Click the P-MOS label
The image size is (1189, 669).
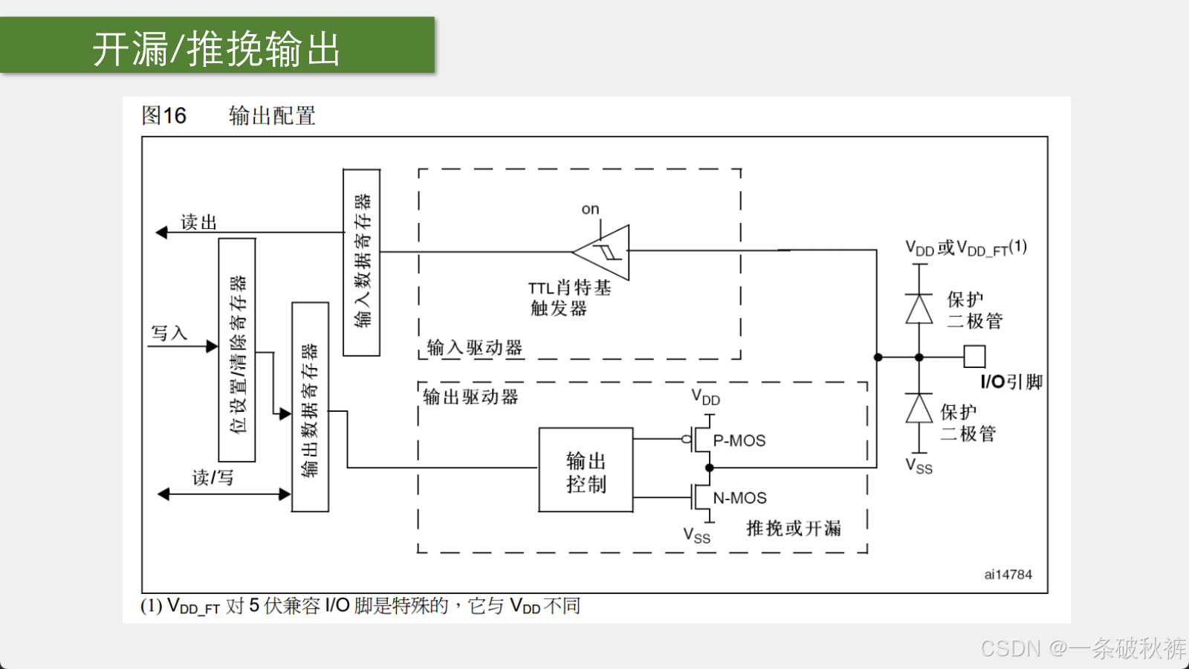point(739,441)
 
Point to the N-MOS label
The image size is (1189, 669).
point(739,498)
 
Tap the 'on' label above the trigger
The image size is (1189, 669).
point(590,209)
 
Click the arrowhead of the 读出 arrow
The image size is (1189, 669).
point(161,232)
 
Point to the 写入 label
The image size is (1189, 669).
point(169,333)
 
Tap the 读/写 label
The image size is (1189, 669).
point(213,477)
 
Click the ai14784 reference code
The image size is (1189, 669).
point(1008,575)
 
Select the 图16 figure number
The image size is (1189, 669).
point(163,115)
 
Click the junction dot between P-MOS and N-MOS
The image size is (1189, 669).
point(709,468)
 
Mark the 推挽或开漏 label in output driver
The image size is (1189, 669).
point(794,529)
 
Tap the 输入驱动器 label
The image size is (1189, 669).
point(475,348)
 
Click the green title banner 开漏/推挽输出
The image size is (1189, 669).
point(217,45)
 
